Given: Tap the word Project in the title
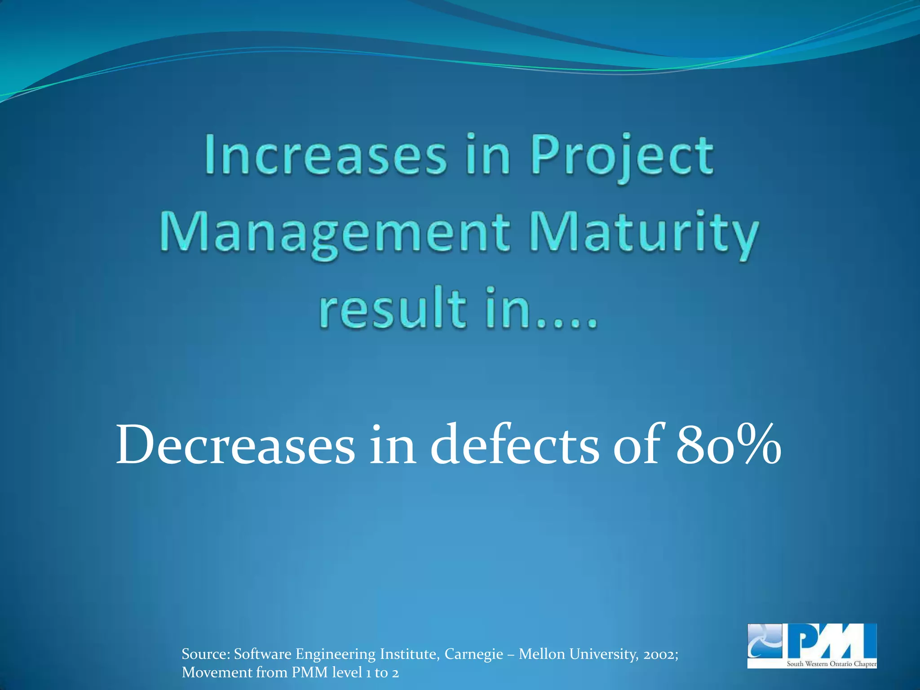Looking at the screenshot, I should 622,156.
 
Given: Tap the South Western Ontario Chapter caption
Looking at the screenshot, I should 831,664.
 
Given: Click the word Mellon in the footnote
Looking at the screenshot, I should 542,654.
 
